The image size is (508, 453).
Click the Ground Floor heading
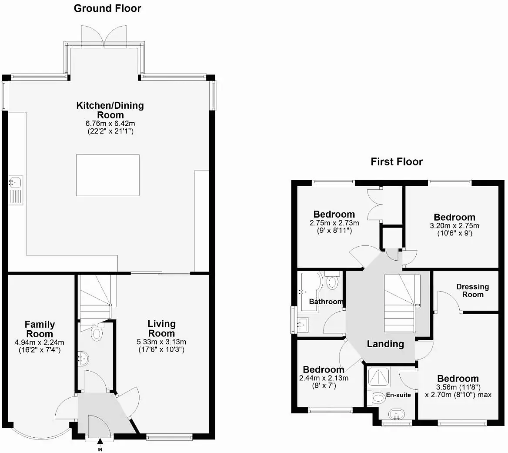pos(107,8)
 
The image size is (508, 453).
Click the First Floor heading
pos(396,162)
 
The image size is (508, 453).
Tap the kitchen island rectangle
pos(108,175)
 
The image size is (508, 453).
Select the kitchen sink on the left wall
pos(16,181)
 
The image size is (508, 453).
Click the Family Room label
pos(40,329)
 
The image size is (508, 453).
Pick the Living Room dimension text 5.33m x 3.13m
pos(161,342)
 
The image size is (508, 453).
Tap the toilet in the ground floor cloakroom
pos(97,334)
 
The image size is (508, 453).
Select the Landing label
pos(385,344)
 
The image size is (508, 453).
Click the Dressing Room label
pos(472,290)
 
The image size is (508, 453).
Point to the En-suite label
pos(398,395)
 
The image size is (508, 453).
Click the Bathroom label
pos(326,302)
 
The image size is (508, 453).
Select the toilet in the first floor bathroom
pos(333,281)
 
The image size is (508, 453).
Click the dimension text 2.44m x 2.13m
pos(324,378)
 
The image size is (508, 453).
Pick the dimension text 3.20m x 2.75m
pos(454,226)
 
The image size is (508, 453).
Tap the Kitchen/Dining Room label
pos(110,110)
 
